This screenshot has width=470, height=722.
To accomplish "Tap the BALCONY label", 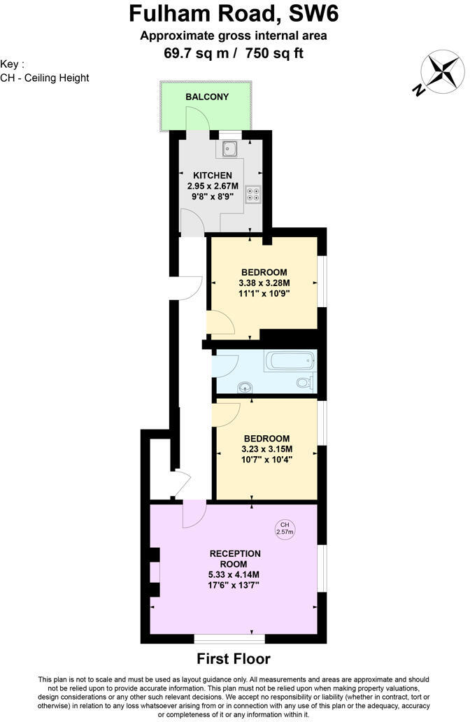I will pos(206,97).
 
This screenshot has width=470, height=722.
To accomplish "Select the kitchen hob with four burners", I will pos(252,194).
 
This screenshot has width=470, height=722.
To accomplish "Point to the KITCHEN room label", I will pos(213,175).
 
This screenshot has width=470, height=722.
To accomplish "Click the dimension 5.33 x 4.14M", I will pos(234,575).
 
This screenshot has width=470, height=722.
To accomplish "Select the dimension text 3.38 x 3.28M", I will pos(264,283).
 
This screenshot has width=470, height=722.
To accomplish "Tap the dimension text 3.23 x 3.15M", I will pos(266,449).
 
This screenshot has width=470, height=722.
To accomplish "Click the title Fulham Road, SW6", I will pos(234,14).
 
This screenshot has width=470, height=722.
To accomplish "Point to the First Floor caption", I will pos(233,658).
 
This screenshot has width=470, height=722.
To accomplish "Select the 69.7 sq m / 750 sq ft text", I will pos(234,52).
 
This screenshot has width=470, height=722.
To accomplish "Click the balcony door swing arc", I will pos(198,120).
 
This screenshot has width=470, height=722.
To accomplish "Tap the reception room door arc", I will pos(193,516).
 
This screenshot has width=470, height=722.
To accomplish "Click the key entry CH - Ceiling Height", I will pos(45,78).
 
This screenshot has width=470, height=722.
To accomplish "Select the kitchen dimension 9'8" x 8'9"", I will pos(213,197).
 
